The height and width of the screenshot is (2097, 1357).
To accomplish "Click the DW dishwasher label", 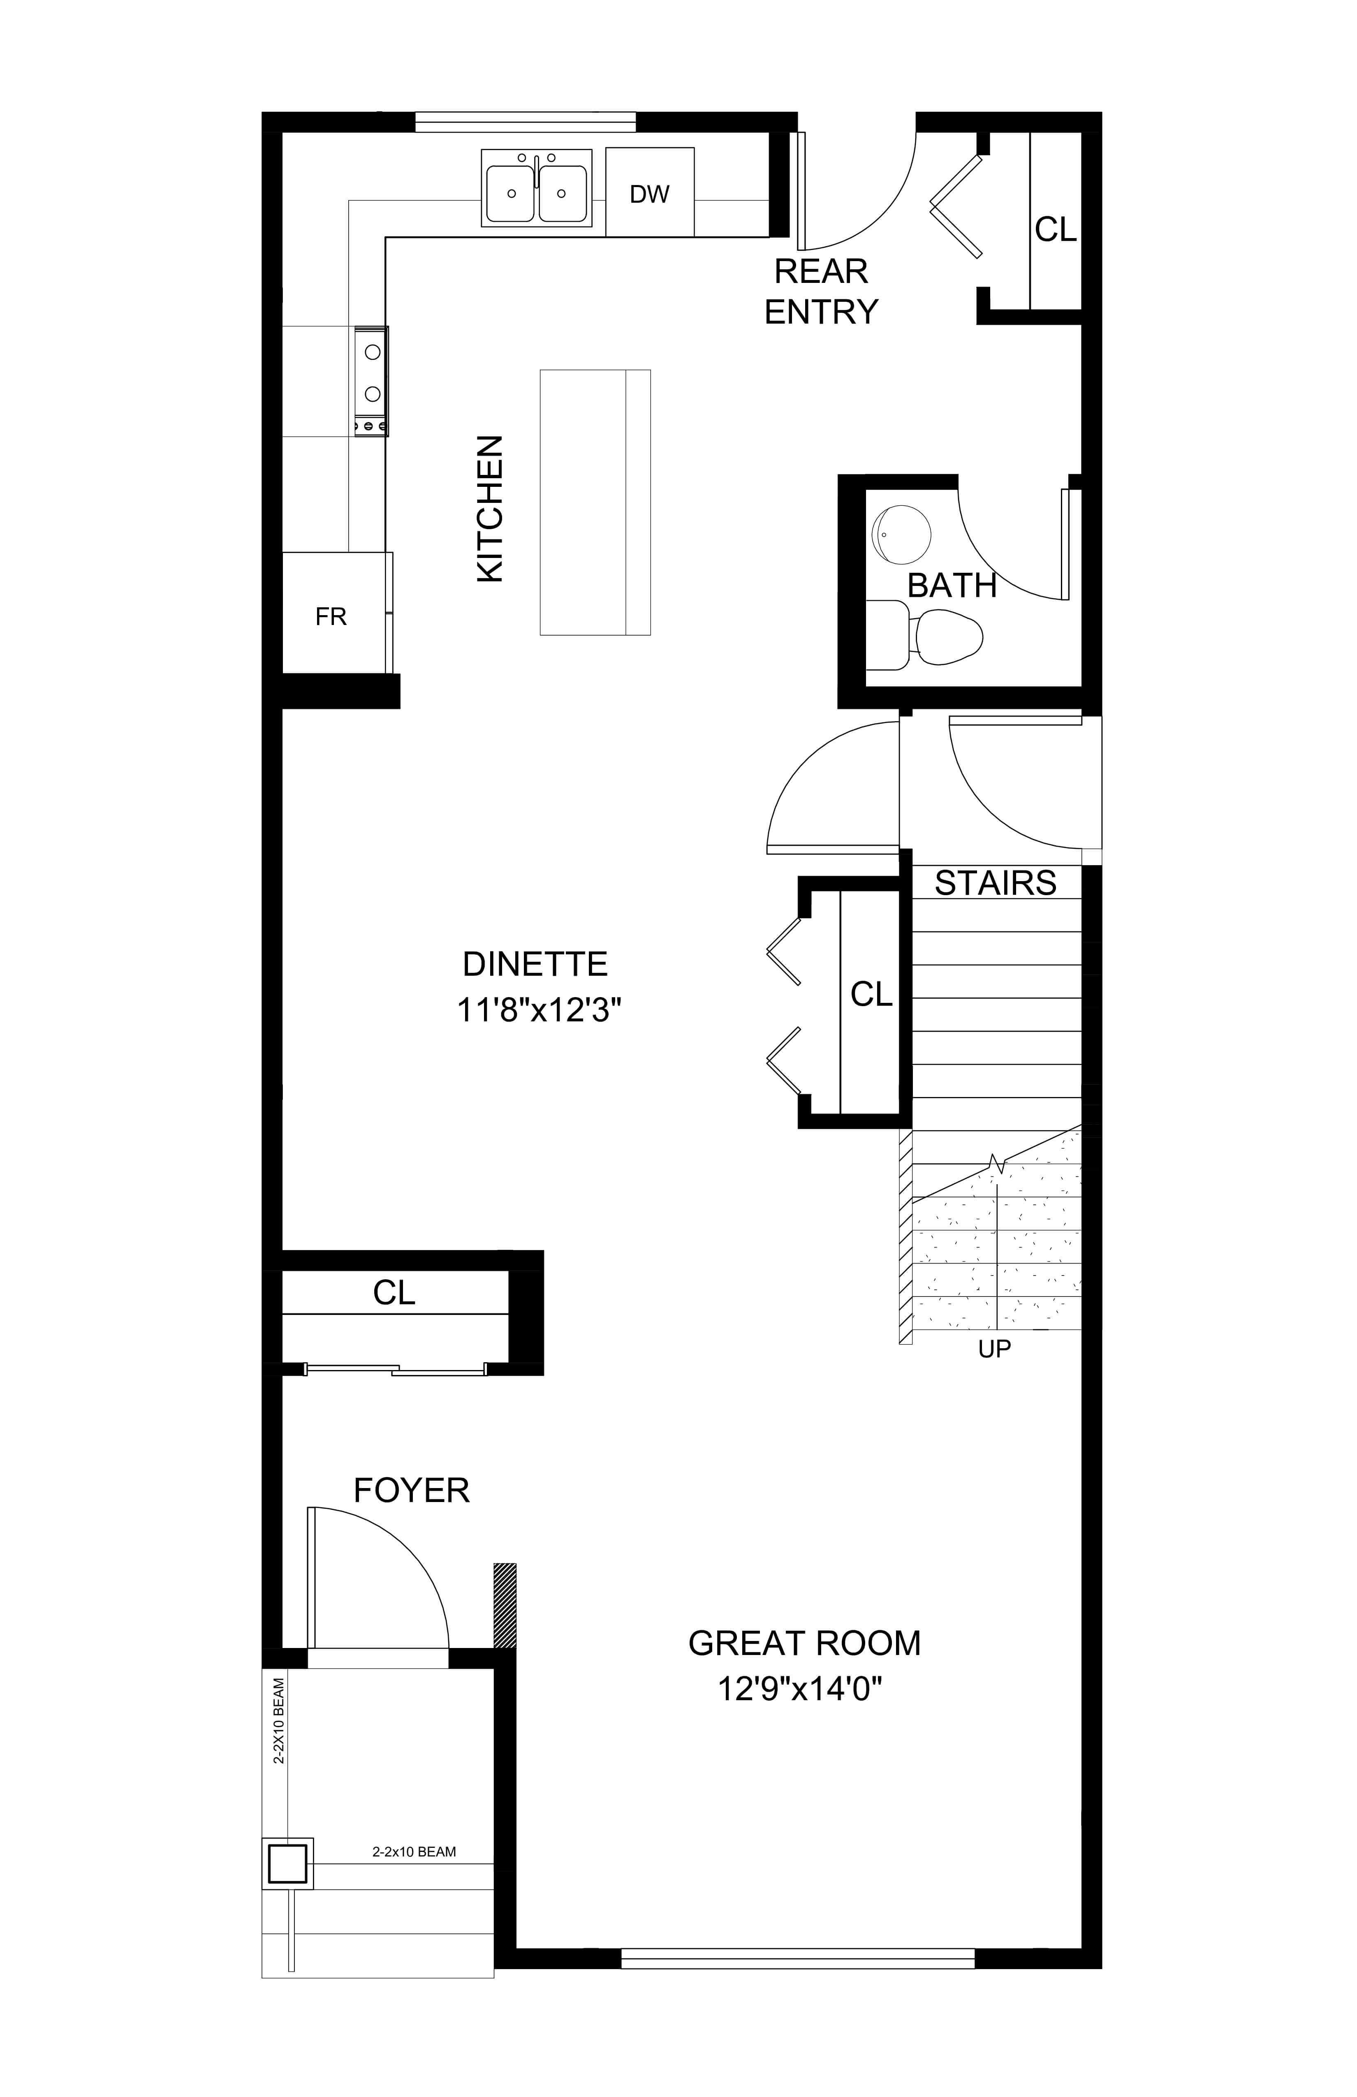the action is point(649,194).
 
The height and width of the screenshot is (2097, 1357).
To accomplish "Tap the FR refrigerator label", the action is point(331,617).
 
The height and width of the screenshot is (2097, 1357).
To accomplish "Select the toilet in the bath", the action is point(925,634).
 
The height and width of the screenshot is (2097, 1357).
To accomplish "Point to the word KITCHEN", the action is point(490,508).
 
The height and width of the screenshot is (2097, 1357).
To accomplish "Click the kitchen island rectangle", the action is point(596,502).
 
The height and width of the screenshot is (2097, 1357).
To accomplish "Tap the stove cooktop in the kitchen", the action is point(371,381).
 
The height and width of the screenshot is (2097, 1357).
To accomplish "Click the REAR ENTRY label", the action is point(821,292).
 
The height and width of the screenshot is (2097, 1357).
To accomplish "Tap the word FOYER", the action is point(412,1491).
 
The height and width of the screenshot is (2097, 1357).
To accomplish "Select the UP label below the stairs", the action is point(995,1349).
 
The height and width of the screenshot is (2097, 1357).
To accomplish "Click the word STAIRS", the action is point(996,883).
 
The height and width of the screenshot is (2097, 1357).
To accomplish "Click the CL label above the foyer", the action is point(394,1293).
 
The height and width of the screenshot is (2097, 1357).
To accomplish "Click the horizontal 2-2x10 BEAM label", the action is point(414,1852).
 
